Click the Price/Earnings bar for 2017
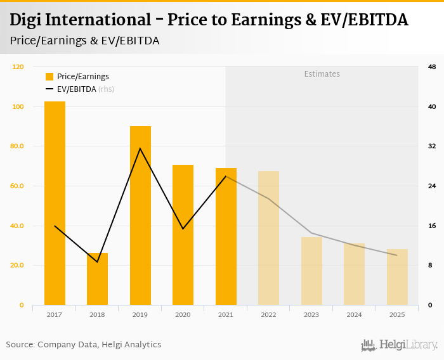pos(55,203)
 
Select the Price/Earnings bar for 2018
pos(98,279)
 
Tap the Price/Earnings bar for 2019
pos(140,215)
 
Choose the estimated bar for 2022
pos(268,238)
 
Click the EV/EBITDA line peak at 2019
pos(140,148)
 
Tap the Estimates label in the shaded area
pos(322,74)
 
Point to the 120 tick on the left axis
pos(18,67)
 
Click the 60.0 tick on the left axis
pos(18,186)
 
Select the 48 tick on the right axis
pos(431,67)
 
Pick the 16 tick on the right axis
pos(431,226)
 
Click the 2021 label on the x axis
pos(226,314)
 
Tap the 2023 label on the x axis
pos(311,314)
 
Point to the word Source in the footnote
pos(20,345)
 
